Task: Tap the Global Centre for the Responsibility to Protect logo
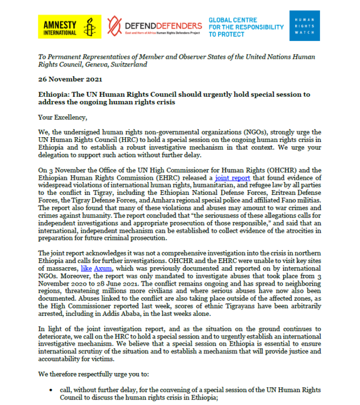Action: tap(246, 26)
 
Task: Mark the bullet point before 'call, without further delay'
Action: tap(51, 389)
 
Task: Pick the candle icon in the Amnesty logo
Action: tap(89, 26)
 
